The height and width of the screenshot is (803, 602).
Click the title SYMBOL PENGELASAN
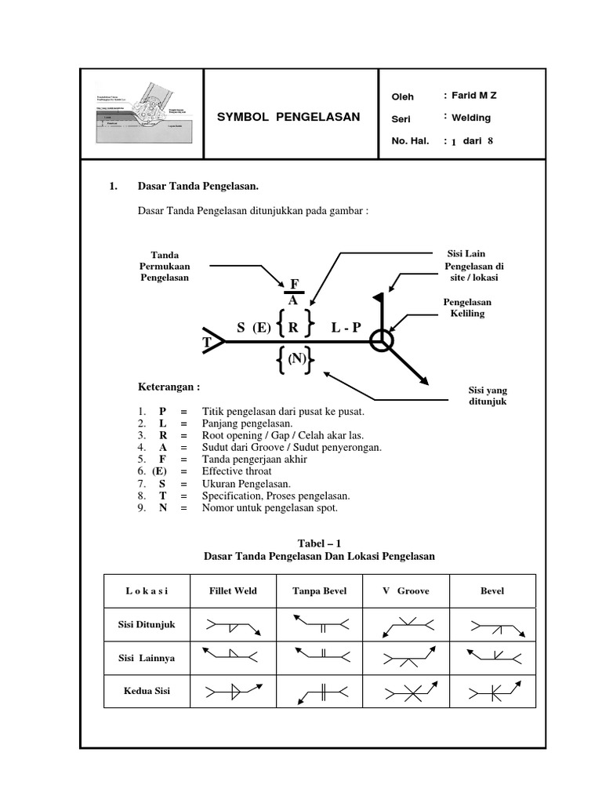(288, 118)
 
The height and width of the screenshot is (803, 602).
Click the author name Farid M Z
(474, 96)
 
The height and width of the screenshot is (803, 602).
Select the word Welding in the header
(471, 118)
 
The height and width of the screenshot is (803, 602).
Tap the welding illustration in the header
(141, 114)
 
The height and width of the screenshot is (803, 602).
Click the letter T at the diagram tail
(208, 343)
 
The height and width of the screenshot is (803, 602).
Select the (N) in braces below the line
(296, 359)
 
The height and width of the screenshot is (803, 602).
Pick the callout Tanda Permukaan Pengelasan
(165, 266)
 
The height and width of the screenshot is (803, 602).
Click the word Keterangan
(169, 387)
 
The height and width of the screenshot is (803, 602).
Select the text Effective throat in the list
(236, 471)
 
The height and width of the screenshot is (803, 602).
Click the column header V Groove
(405, 590)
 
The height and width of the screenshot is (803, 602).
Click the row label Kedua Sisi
(147, 691)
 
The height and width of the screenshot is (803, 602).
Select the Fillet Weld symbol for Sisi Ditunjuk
(234, 626)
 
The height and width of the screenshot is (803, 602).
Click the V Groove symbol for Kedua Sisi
(405, 693)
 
